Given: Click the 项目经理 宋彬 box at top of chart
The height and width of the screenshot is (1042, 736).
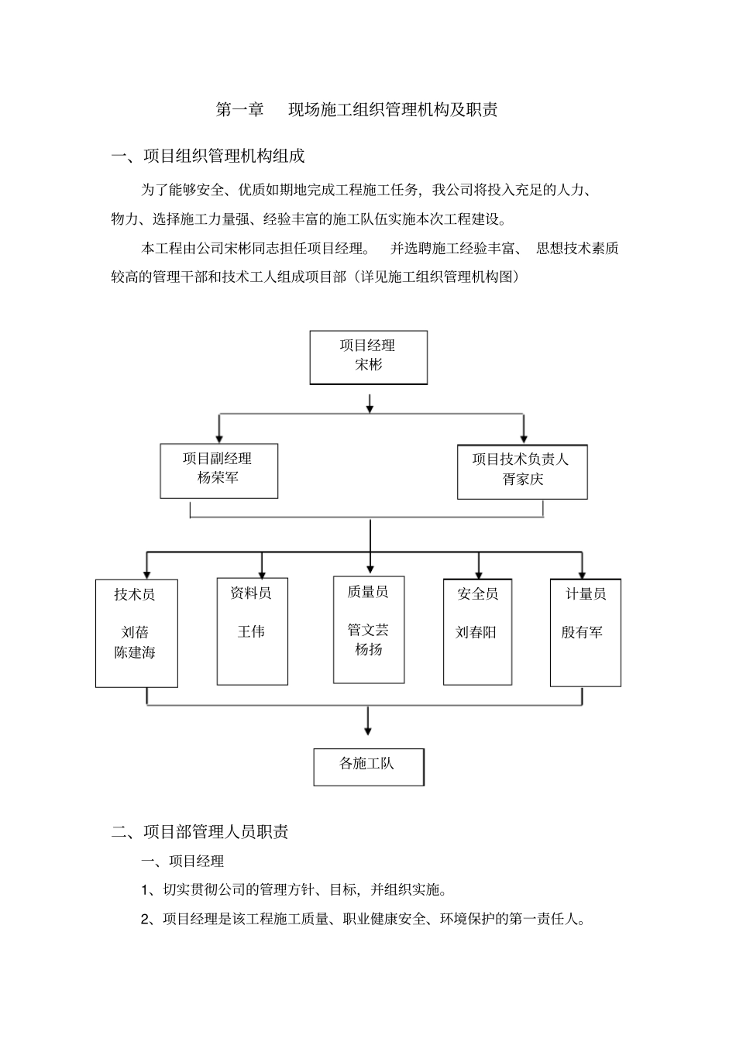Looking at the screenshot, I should (x=368, y=357).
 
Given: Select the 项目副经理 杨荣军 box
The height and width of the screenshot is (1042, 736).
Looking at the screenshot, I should (x=218, y=470).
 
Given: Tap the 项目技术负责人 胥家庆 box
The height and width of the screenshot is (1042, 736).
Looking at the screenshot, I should (x=522, y=471).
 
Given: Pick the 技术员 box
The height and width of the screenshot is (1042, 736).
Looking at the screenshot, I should (x=136, y=632).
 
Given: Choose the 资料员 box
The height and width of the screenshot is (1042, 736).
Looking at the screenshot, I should (x=252, y=631).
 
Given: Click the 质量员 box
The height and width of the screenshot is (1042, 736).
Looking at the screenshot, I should (x=369, y=630).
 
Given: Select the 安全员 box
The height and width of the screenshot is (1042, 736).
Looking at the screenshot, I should (x=477, y=631).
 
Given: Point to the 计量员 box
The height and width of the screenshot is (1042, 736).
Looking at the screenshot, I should (x=585, y=631).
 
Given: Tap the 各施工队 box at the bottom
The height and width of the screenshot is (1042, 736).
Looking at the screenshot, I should (x=368, y=766).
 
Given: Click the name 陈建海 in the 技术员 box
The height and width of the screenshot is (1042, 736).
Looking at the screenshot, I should (x=135, y=652).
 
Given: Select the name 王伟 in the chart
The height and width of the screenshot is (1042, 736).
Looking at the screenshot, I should (x=251, y=631).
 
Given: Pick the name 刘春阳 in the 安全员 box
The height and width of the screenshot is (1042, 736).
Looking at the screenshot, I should (x=476, y=632).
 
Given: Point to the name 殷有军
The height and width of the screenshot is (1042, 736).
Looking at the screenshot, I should (x=582, y=632).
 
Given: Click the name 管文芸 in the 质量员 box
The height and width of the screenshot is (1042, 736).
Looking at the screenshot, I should (x=368, y=630).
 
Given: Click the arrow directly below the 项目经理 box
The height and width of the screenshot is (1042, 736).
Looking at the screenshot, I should (x=370, y=404).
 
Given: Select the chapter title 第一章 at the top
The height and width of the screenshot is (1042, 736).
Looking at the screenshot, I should (x=239, y=110).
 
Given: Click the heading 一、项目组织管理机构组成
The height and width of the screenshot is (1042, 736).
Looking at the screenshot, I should (x=208, y=156).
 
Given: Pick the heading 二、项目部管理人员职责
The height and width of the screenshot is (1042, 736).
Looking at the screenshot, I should (x=201, y=832).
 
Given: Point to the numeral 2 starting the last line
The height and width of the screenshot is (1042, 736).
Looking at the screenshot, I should (x=145, y=920).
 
